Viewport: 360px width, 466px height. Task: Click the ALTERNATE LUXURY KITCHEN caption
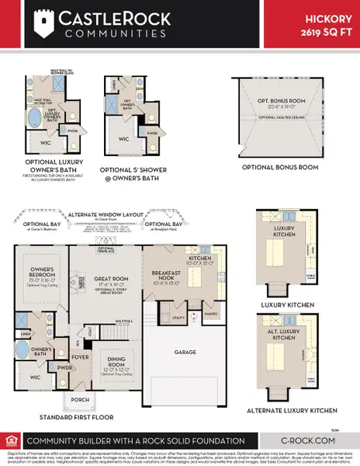pos(292,409)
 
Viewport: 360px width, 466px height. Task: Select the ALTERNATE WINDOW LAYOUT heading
pos(114,212)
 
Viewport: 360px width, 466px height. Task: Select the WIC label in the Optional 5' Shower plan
pos(123,140)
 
